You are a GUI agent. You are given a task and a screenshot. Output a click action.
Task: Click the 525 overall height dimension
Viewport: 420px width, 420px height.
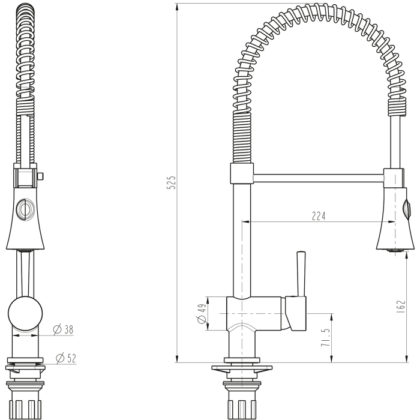171,182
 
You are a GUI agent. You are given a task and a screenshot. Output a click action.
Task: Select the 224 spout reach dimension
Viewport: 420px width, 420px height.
319,217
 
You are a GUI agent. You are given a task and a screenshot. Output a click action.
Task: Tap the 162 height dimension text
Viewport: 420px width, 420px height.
401,306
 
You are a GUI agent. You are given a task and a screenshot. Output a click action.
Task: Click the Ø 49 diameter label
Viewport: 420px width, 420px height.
202,312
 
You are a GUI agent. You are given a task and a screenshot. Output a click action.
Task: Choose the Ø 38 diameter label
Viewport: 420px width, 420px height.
63,329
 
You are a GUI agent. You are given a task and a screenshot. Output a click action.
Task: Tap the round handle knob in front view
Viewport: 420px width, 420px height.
25,313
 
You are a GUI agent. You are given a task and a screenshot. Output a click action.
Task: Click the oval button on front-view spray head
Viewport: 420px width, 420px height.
25,208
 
